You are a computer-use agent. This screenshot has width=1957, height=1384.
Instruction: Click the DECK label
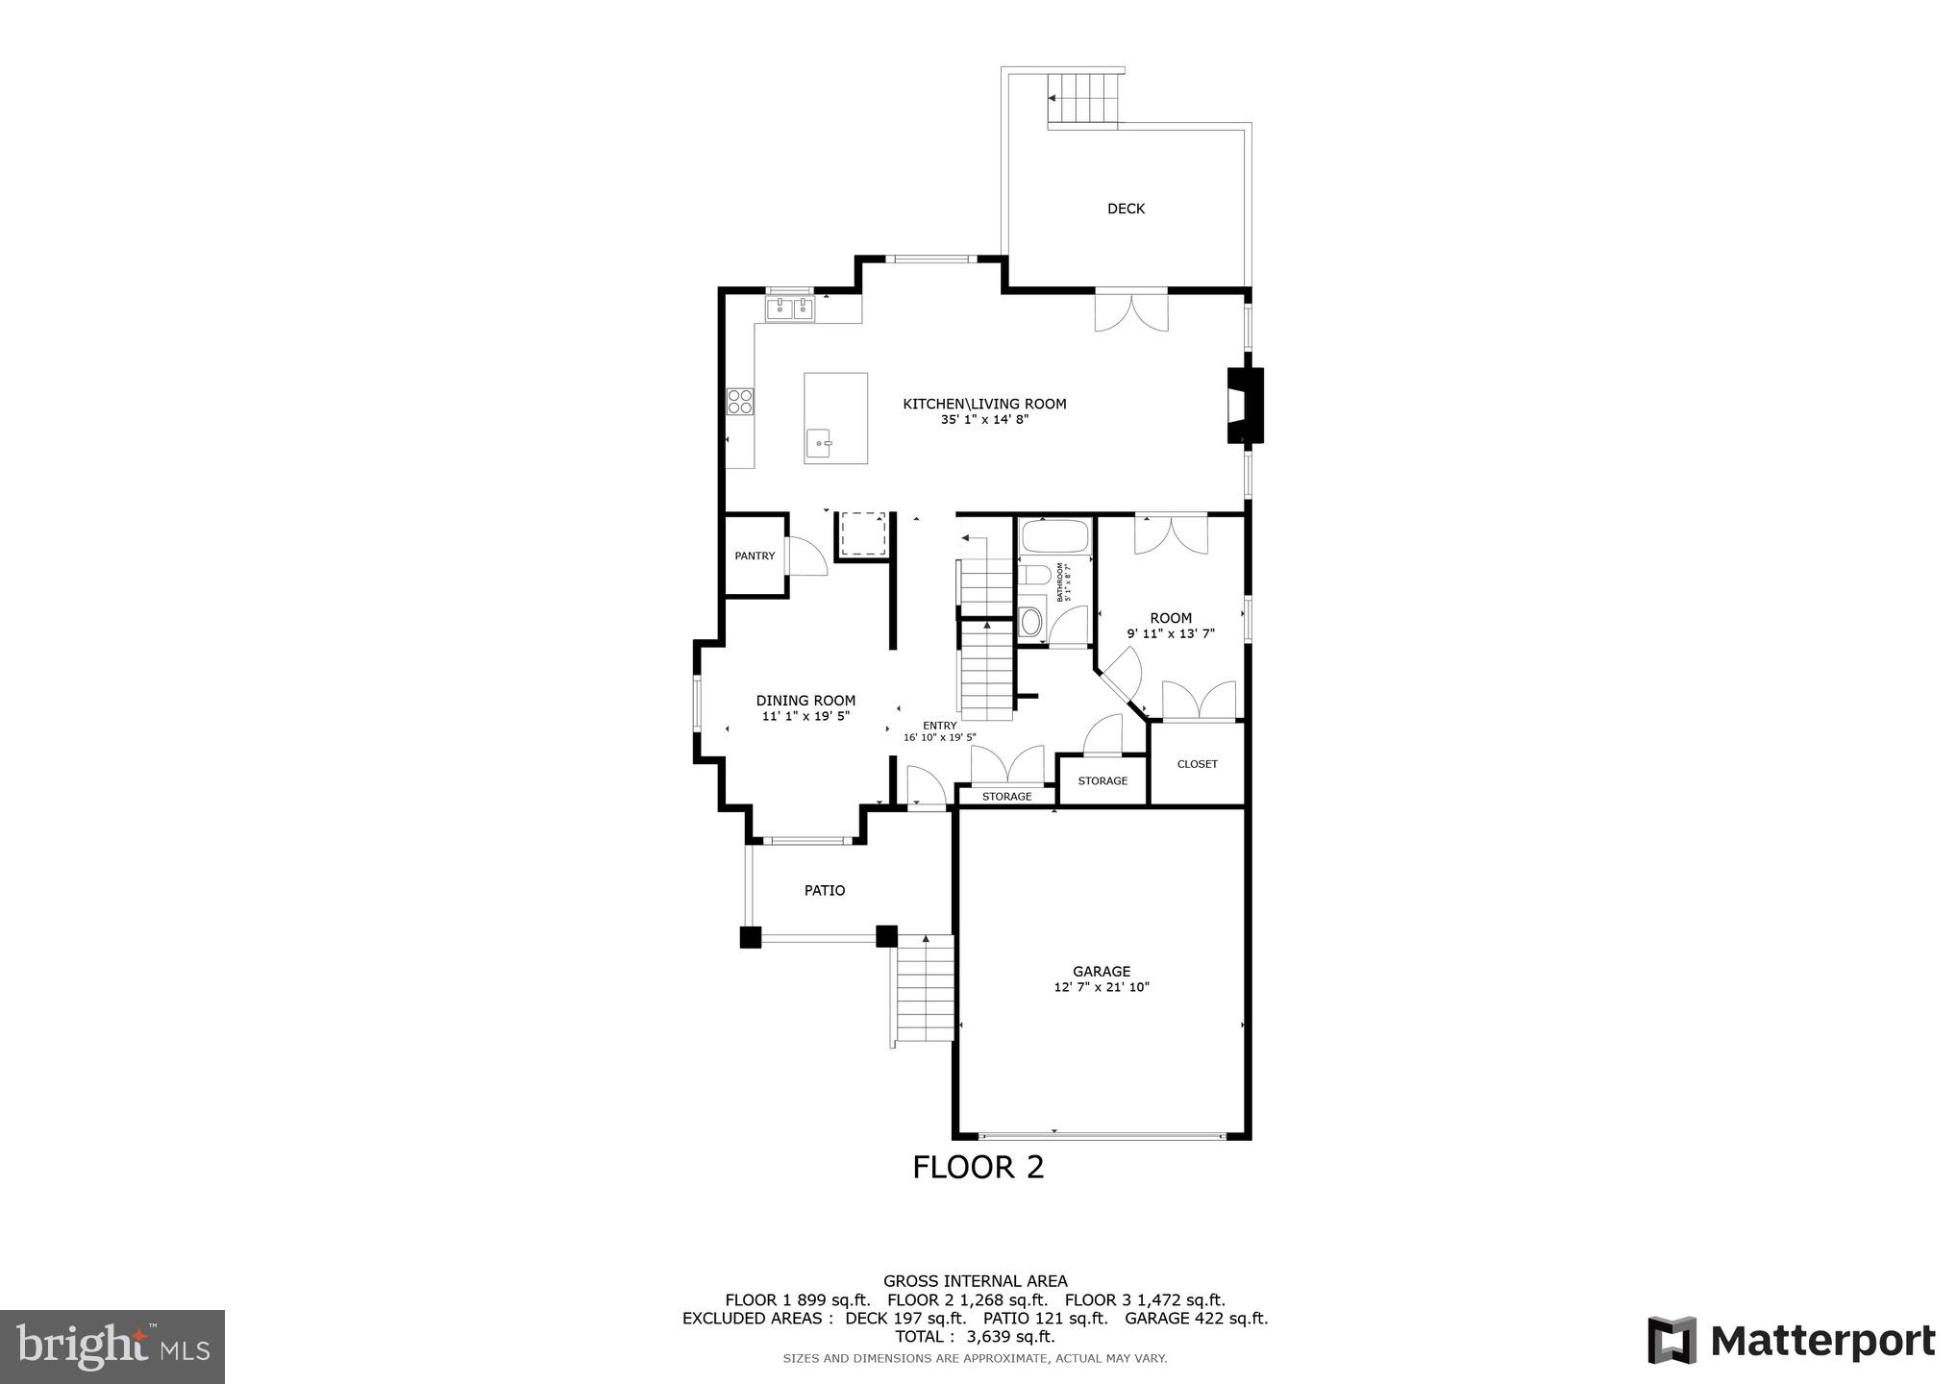1126,209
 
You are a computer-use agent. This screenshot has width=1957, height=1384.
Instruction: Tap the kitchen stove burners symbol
739,401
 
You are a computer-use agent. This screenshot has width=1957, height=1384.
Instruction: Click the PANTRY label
755,556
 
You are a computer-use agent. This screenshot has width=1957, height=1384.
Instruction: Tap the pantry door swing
805,557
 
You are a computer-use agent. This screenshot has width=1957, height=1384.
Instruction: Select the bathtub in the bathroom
1054,535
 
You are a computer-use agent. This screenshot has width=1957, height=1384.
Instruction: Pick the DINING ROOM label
805,701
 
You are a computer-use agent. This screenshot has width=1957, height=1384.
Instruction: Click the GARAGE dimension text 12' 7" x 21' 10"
1102,987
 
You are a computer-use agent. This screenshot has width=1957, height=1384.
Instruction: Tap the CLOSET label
1197,764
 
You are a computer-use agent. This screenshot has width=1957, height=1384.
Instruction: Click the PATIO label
825,891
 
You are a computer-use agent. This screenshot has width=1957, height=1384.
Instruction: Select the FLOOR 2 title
978,1167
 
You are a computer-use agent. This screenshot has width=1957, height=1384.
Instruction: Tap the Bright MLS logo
112,1346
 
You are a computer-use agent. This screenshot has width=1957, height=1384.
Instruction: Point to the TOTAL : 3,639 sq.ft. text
975,1337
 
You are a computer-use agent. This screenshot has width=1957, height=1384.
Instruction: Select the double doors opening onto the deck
1131,311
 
